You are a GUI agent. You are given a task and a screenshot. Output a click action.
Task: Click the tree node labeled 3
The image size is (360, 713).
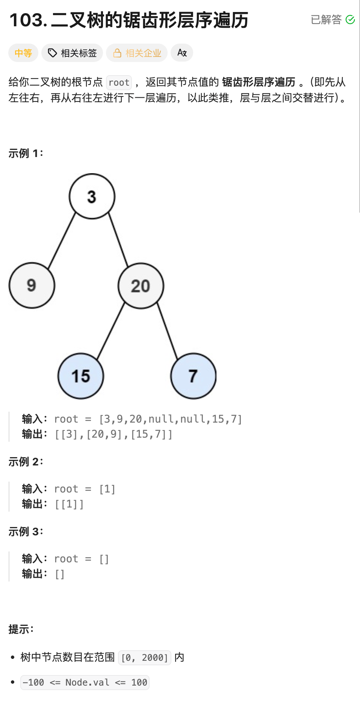point(92,196)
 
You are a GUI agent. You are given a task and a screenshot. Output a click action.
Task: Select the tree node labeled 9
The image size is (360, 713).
point(32,286)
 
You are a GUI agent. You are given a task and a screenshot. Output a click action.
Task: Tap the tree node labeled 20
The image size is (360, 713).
point(141,286)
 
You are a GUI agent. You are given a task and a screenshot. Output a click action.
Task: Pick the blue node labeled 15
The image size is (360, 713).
point(81,376)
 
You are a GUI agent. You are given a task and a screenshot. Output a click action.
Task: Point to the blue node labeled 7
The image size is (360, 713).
point(194,376)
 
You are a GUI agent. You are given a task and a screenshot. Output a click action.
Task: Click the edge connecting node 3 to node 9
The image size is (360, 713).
point(62,240)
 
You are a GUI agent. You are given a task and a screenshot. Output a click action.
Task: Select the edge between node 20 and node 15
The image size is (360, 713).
point(111,331)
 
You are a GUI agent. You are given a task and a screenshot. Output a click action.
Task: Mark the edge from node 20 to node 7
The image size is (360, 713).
point(167,331)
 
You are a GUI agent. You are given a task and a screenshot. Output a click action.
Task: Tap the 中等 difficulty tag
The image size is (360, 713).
point(23,53)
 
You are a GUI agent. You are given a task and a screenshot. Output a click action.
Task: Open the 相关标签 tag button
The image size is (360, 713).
point(73,53)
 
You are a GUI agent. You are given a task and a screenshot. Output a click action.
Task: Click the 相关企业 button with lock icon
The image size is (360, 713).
point(137,53)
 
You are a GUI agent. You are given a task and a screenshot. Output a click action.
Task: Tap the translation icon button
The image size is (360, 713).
point(182,53)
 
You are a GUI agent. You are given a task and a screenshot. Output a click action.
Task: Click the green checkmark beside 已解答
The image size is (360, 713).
point(350,20)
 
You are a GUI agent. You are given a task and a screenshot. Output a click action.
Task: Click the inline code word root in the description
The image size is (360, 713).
point(119,82)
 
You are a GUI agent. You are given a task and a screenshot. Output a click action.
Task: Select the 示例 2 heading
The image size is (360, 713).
point(26,462)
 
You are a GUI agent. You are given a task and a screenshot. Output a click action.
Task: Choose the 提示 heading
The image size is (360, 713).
point(21,629)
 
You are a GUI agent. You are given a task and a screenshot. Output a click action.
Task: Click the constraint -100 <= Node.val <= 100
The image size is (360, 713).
point(85,682)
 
